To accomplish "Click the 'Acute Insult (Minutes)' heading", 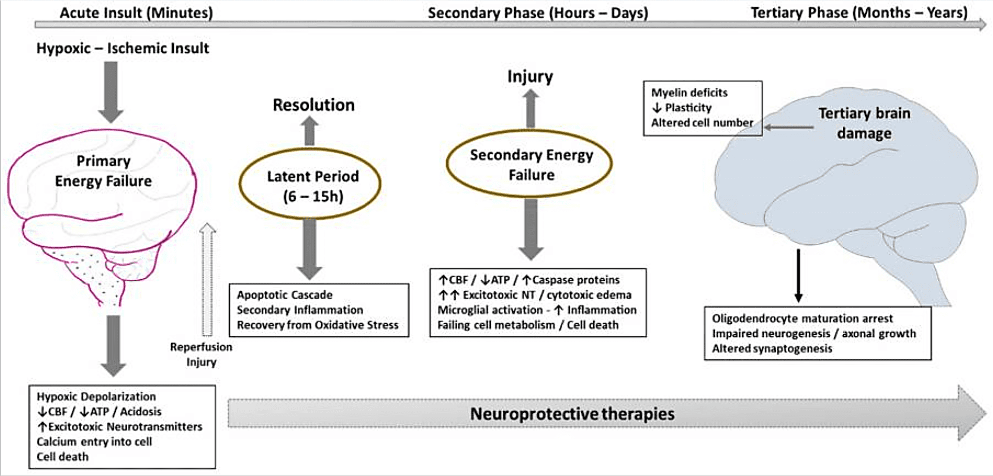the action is [x=136, y=12].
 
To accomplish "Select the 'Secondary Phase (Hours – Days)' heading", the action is [x=538, y=12].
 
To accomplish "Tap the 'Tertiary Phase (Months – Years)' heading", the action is [x=859, y=12].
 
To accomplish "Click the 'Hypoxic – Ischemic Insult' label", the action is [x=123, y=48].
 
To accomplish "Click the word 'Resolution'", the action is [x=313, y=105].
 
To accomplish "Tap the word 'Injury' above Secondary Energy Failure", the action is [x=530, y=77].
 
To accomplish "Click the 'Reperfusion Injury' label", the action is [x=201, y=354].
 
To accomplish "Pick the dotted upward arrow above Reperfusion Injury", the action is [x=207, y=279].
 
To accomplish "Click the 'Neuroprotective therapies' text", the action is [x=572, y=414].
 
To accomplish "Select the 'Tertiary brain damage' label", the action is [x=864, y=123].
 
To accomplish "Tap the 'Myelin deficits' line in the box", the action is [x=689, y=93].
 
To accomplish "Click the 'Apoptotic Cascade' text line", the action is [x=284, y=295].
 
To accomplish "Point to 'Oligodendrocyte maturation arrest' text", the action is [x=802, y=318].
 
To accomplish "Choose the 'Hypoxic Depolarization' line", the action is [x=96, y=396].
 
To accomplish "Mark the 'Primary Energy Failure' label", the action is [x=103, y=171].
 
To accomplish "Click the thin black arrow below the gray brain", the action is [x=799, y=276].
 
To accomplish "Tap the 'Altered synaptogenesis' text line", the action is [x=772, y=349].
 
